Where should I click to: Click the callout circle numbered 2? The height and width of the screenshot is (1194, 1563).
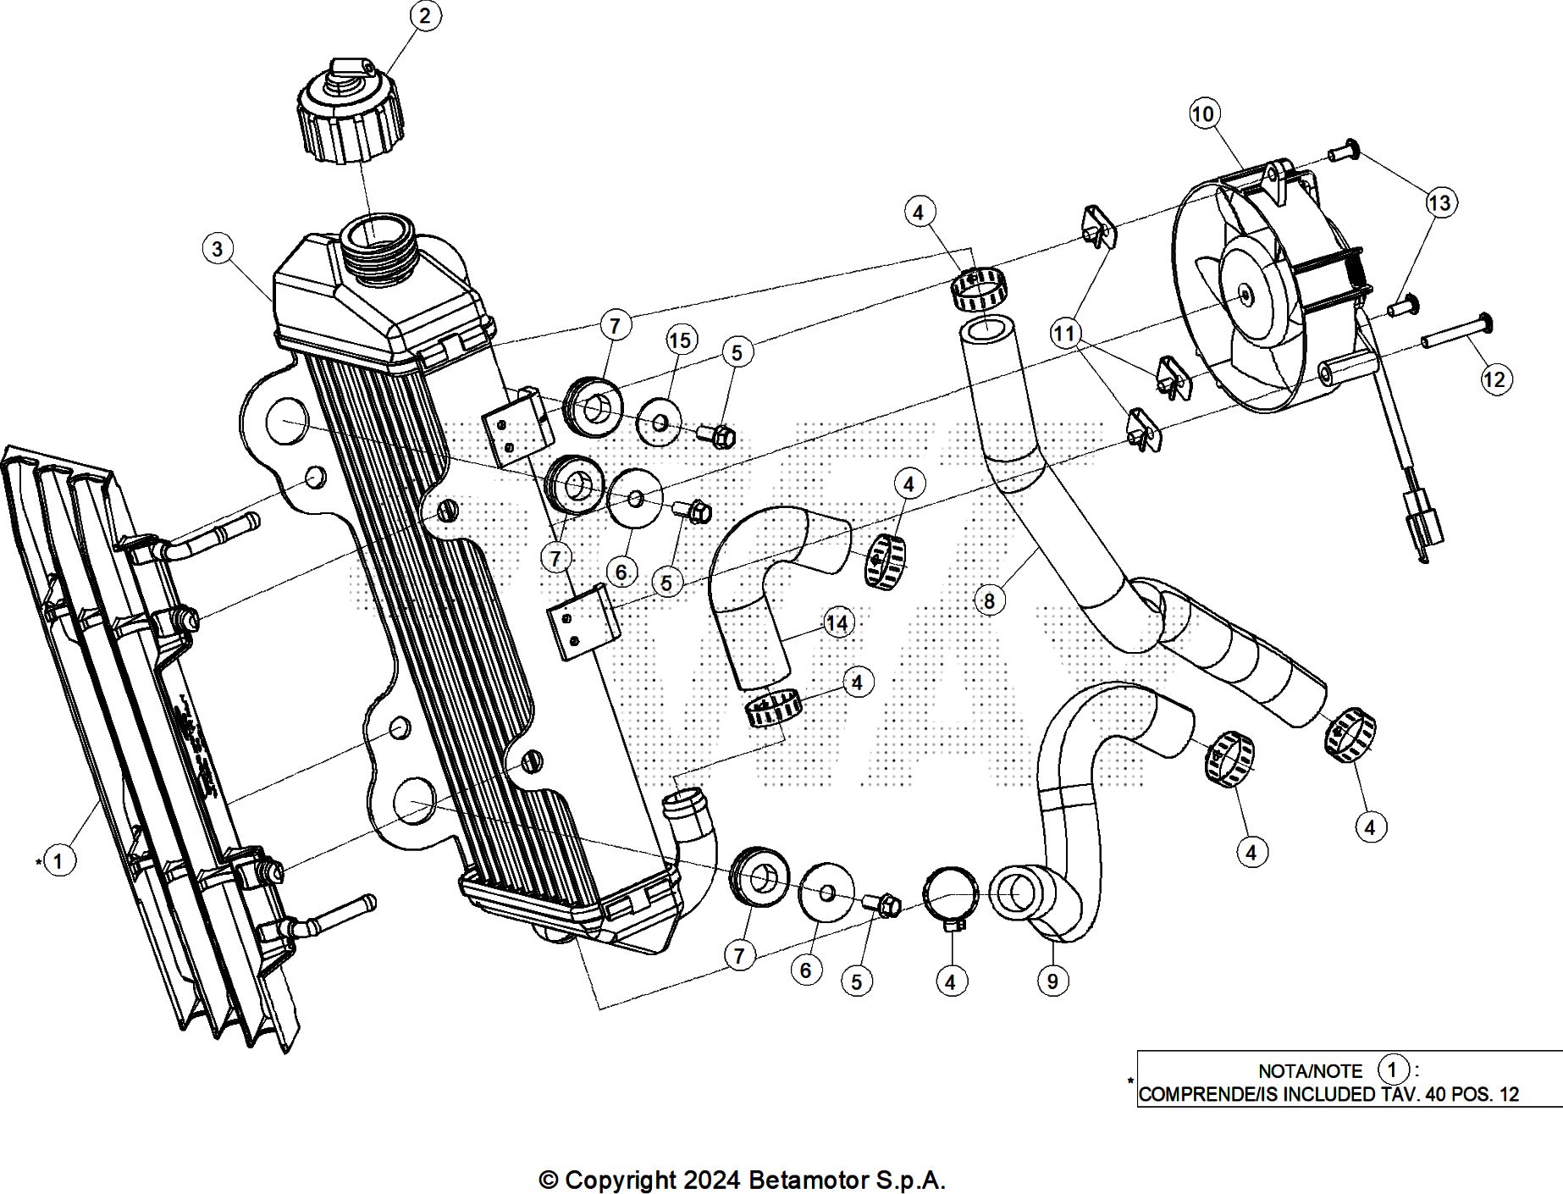pyautogui.click(x=424, y=15)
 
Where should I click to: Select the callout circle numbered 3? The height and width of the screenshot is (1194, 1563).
pyautogui.click(x=218, y=249)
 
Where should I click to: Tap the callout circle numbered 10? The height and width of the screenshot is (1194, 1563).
pyautogui.click(x=1203, y=113)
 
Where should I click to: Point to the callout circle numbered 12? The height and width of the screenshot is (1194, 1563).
pyautogui.click(x=1494, y=379)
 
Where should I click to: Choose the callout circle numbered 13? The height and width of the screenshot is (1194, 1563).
pyautogui.click(x=1439, y=202)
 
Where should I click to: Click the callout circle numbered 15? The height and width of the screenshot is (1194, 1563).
pyautogui.click(x=680, y=340)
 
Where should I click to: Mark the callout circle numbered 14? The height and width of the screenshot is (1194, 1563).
pyautogui.click(x=837, y=624)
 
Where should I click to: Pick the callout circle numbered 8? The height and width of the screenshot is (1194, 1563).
pyautogui.click(x=989, y=600)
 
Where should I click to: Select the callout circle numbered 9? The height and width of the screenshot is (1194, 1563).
pyautogui.click(x=1052, y=981)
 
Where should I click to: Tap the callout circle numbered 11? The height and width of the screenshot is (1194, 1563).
pyautogui.click(x=1064, y=334)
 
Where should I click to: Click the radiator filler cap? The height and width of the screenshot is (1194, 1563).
pyautogui.click(x=349, y=114)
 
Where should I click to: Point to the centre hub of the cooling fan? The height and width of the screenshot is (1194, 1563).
pyautogui.click(x=1245, y=295)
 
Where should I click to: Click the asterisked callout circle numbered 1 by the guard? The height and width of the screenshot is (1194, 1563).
pyautogui.click(x=58, y=861)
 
